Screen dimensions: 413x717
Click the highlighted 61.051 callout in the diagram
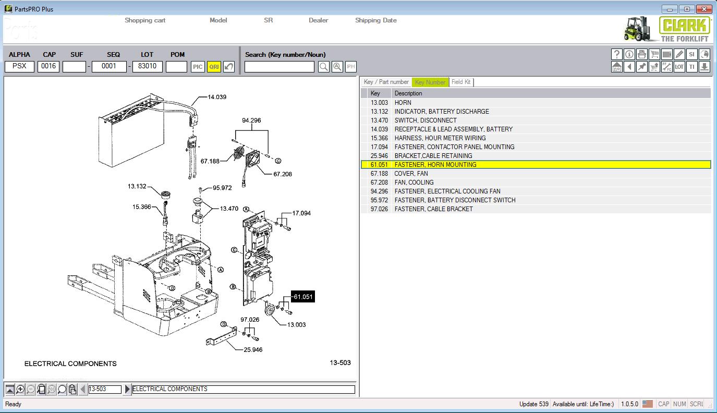[x=302, y=297]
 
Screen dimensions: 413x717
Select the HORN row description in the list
[x=403, y=103]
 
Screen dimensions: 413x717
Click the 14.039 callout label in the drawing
[x=217, y=97]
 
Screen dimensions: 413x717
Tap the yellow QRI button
[x=214, y=67]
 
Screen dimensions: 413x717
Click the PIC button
[x=198, y=67]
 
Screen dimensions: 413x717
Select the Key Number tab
[x=430, y=82]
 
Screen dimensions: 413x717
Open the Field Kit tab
[x=461, y=82]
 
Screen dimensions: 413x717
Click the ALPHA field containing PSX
[x=19, y=67]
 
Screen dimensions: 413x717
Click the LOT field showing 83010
[x=148, y=67]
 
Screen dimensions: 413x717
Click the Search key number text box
[x=279, y=67]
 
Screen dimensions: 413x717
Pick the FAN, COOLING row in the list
[x=414, y=183]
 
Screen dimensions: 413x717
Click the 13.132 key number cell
[x=379, y=112]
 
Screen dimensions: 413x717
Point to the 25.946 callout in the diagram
[x=253, y=349]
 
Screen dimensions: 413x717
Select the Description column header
[x=408, y=93]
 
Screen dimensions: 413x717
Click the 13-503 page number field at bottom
[x=105, y=389]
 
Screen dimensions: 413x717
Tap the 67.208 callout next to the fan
[x=283, y=174]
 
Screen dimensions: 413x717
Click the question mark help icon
[x=617, y=54]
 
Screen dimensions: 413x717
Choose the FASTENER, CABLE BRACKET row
[x=433, y=209]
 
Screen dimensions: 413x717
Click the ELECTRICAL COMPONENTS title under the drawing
[x=70, y=363]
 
